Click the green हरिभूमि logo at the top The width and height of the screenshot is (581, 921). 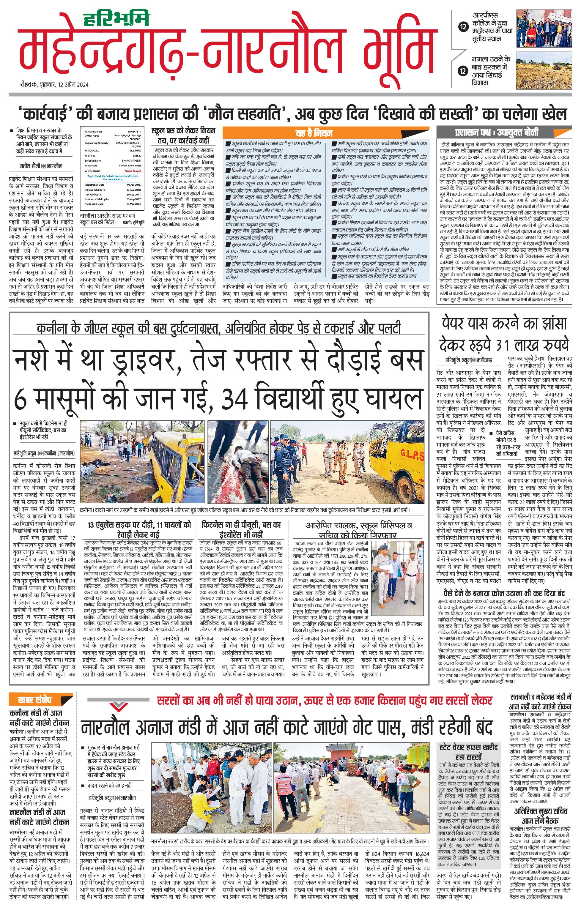click(x=117, y=19)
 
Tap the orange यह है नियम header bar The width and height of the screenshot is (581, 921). click(x=314, y=133)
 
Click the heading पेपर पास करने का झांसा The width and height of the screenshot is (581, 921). click(x=504, y=323)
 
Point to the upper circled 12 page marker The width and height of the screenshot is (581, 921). click(x=463, y=27)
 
